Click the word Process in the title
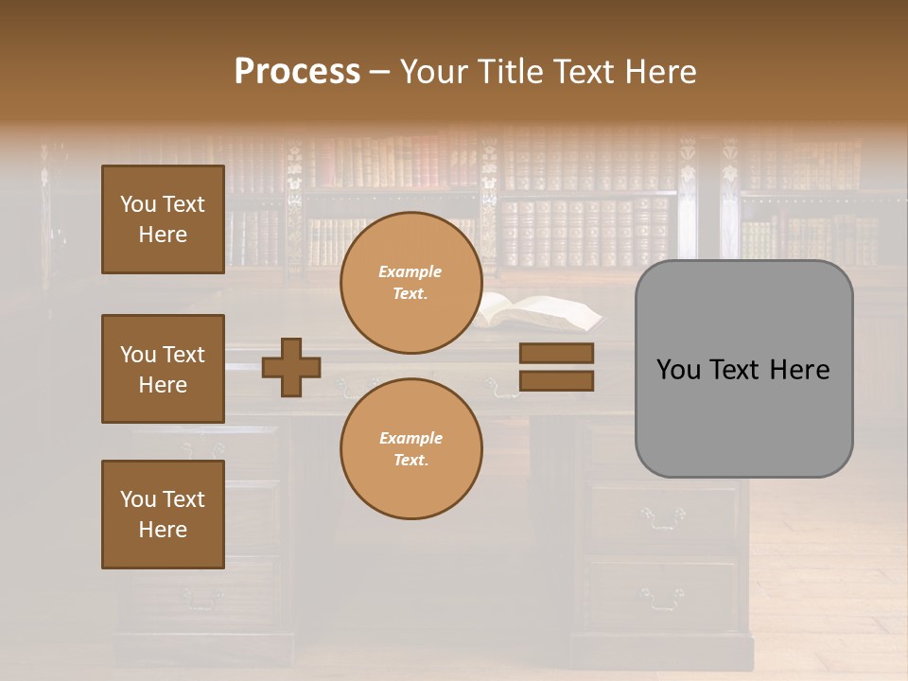click(297, 72)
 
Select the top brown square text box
click(163, 219)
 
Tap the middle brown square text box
click(163, 369)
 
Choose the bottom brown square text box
click(163, 515)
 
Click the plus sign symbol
click(291, 367)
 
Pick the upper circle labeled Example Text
click(410, 283)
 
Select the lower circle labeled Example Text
click(410, 448)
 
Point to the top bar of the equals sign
click(557, 353)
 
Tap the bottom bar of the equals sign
click(557, 380)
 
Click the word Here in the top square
click(163, 235)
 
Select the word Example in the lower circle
click(410, 438)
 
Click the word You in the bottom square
click(138, 499)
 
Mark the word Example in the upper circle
click(410, 271)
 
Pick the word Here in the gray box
click(799, 370)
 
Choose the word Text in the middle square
click(183, 355)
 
